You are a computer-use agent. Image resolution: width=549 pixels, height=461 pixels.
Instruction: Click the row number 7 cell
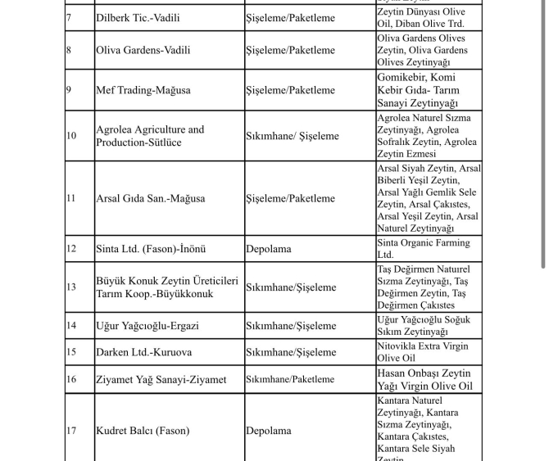point(69,17)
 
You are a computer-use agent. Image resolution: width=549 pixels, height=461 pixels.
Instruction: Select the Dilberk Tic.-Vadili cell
point(138,17)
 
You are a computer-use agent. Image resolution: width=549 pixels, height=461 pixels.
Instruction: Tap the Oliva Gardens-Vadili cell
point(143,50)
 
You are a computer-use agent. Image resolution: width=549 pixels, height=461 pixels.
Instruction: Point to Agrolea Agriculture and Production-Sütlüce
point(150,136)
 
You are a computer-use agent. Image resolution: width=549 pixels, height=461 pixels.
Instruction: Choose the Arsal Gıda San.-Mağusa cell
point(151,198)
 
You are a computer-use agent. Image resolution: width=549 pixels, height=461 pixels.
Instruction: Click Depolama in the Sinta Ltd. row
point(268,249)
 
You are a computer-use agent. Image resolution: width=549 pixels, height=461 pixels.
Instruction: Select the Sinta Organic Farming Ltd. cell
point(423,249)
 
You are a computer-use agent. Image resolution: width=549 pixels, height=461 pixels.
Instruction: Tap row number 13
point(70,287)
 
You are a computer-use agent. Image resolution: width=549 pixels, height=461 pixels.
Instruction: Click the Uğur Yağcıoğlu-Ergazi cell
point(147,326)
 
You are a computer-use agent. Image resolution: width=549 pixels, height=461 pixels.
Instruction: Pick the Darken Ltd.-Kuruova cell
point(143,352)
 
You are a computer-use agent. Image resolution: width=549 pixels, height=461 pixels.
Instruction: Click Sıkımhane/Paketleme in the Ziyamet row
point(290,379)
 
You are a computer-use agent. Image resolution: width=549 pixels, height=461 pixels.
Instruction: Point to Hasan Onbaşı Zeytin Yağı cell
point(424,379)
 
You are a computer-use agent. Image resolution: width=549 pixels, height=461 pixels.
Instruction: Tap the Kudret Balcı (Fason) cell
point(143,431)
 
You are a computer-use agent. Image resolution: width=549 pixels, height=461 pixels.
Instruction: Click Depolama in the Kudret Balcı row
point(268,431)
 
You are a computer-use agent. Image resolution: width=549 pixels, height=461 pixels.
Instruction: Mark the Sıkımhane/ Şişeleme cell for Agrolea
point(292,136)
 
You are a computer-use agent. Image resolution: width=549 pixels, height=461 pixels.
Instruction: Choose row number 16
point(70,379)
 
